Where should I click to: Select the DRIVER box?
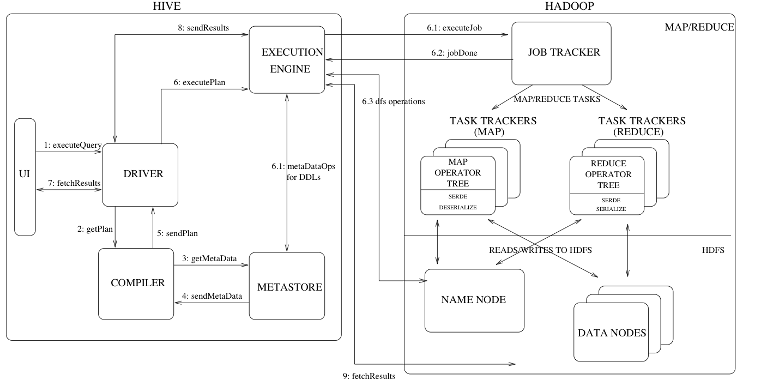pyautogui.click(x=141, y=174)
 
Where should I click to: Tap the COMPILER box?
pyautogui.click(x=136, y=283)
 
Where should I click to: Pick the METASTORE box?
pyautogui.click(x=286, y=286)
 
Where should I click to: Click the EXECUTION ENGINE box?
pyautogui.click(x=286, y=61)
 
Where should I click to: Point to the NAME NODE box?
pyautogui.click(x=474, y=300)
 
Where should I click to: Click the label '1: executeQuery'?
pyautogui.click(x=73, y=145)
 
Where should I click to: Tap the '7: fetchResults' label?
pyautogui.click(x=73, y=184)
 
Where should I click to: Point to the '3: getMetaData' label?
pyautogui.click(x=210, y=258)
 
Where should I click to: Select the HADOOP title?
pyautogui.click(x=569, y=6)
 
